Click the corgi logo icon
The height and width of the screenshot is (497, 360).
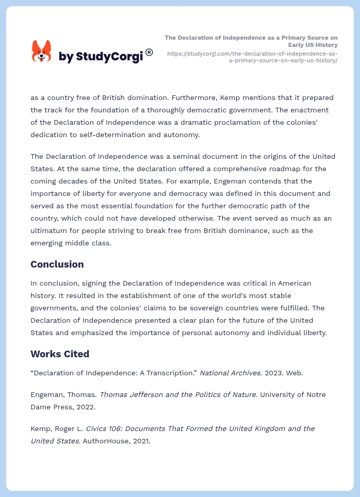coord(42,51)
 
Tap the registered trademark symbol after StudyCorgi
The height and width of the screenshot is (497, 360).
coord(149,52)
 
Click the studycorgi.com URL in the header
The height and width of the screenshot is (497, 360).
coord(253,57)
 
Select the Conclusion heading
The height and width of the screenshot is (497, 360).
coord(57,264)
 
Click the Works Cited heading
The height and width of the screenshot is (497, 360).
coord(60,354)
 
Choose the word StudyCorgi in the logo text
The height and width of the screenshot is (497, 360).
coord(109,56)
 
